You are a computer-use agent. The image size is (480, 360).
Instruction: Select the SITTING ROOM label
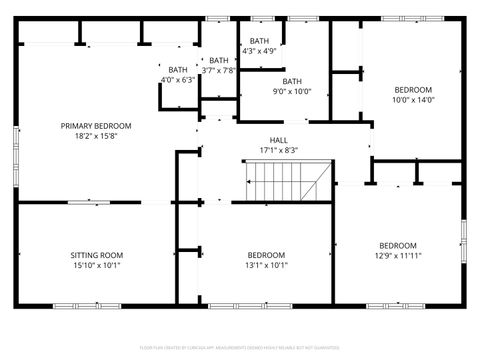pos(96,255)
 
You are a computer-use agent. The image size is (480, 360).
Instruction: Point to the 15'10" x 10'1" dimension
pos(96,266)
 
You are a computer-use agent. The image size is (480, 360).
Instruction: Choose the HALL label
pos(279,140)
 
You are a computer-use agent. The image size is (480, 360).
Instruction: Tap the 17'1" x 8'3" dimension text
pos(279,151)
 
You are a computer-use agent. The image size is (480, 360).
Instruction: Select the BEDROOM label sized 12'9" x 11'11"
pos(397,245)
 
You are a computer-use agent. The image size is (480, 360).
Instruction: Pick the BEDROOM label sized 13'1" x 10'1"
pos(267,255)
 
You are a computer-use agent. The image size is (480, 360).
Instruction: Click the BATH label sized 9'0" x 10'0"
pos(292,82)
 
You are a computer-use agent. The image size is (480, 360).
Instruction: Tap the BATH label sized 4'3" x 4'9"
pos(259,40)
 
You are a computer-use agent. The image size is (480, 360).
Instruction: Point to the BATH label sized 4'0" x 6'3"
pos(178,70)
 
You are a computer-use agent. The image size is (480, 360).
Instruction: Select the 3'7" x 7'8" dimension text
pos(218,70)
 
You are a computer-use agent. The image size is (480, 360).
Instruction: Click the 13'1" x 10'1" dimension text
pos(267,266)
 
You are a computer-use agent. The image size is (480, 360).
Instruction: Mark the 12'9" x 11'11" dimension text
pos(397,256)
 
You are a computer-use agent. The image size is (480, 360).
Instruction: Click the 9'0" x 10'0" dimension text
pos(292,92)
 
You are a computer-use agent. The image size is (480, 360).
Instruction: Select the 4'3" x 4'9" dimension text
pos(259,50)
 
